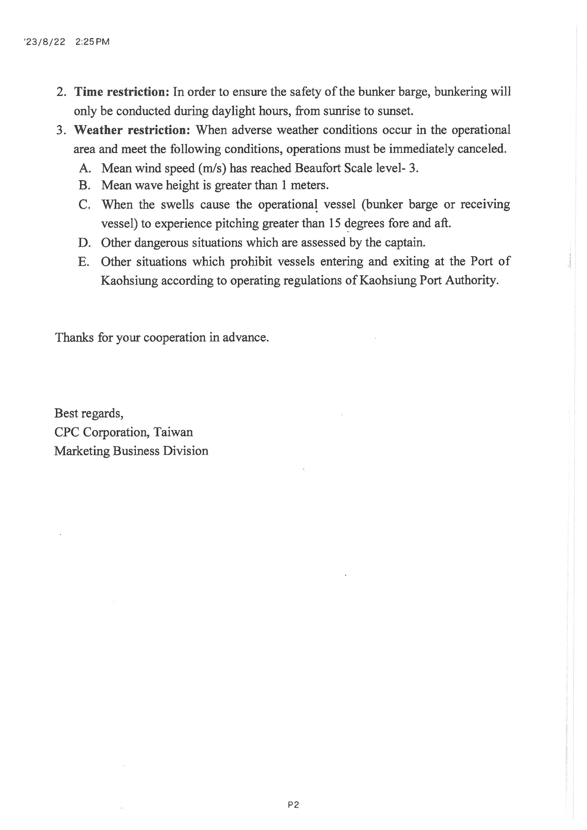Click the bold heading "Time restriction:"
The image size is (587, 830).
[x=122, y=92]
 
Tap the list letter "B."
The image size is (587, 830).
[x=84, y=186]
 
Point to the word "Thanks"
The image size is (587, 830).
[x=74, y=338]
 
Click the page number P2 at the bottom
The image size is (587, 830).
[x=293, y=805]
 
